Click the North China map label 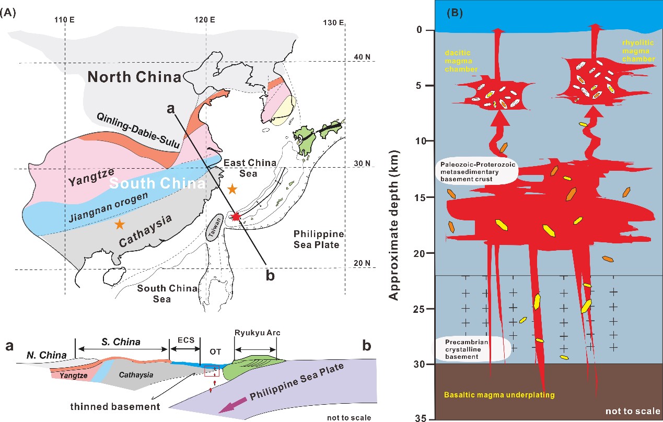coord(134,77)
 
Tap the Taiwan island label coord(215,228)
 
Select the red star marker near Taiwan coord(236,217)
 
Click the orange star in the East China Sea coord(232,189)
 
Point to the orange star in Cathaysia coord(120,224)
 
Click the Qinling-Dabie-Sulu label coord(138,131)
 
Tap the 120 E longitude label coord(205,20)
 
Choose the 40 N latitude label coord(362,57)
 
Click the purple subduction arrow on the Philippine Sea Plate coord(232,405)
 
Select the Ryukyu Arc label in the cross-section coord(257,333)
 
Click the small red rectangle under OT coord(212,371)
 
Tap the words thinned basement coord(115,407)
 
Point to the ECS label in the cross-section coord(186,340)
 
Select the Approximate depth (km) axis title coord(393,225)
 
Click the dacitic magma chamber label coord(461,61)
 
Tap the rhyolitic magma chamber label coord(638,51)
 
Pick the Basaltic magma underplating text coord(499,395)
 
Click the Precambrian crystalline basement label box coord(473,349)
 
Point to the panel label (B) coord(455,13)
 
